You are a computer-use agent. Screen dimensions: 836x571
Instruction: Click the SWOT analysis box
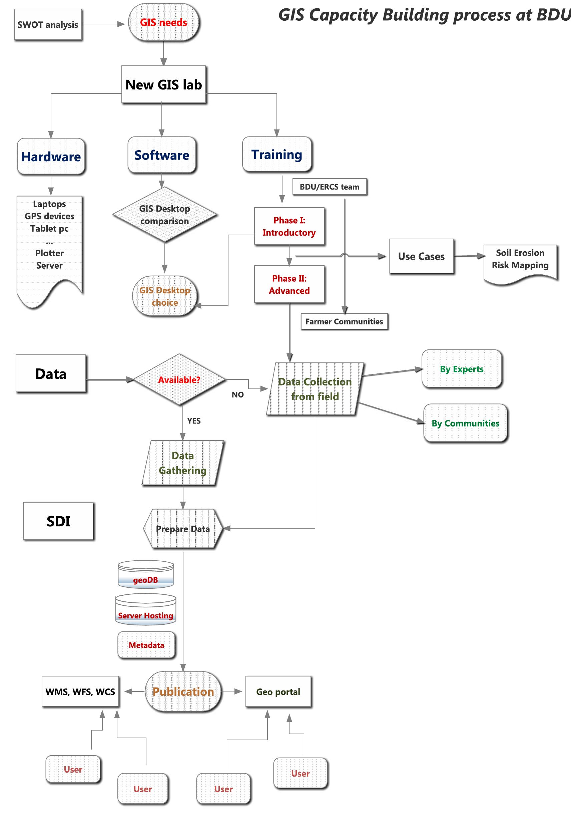(x=48, y=24)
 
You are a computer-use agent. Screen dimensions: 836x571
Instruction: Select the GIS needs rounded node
(x=164, y=22)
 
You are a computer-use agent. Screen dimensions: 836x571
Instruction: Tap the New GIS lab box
(x=164, y=84)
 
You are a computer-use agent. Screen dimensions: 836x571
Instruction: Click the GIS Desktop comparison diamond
(x=165, y=215)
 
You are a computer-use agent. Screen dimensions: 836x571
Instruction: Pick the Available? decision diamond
(x=179, y=380)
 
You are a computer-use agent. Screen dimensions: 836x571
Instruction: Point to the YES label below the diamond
(x=194, y=421)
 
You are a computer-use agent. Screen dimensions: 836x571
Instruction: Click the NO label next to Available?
(x=238, y=394)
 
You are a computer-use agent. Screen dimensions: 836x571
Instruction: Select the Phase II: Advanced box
(x=290, y=285)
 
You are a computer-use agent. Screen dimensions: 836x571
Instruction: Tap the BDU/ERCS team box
(x=330, y=187)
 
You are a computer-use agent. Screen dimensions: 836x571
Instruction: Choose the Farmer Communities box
(x=344, y=322)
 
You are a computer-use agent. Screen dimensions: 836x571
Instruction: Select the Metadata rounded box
(x=146, y=645)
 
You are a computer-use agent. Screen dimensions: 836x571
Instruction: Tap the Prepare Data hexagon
(x=183, y=529)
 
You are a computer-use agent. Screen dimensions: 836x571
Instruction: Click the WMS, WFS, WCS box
(x=80, y=692)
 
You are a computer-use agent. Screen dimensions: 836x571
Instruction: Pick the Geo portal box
(x=278, y=692)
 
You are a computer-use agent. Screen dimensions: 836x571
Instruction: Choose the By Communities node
(x=465, y=424)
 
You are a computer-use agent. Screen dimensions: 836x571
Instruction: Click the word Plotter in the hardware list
(x=49, y=253)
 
